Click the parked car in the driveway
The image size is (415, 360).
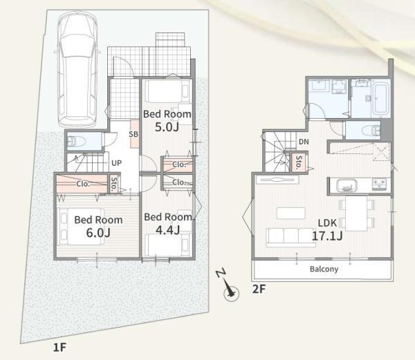pyautogui.click(x=77, y=70)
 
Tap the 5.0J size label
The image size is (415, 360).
pyautogui.click(x=167, y=127)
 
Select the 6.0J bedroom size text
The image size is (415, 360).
pyautogui.click(x=98, y=233)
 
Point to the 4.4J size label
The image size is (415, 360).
pyautogui.click(x=168, y=230)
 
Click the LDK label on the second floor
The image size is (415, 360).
pyautogui.click(x=327, y=223)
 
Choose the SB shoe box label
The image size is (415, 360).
pyautogui.click(x=133, y=134)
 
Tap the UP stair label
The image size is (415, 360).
pyautogui.click(x=116, y=163)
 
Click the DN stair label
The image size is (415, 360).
pyautogui.click(x=304, y=142)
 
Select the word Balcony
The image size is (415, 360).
pyautogui.click(x=324, y=269)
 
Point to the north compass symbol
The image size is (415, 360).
pyautogui.click(x=228, y=286)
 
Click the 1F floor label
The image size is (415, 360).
pyautogui.click(x=59, y=347)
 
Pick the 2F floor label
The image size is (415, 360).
pyautogui.click(x=259, y=289)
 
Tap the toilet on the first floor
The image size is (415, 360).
pyautogui.click(x=76, y=141)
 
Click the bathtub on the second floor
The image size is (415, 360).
pyautogui.click(x=381, y=98)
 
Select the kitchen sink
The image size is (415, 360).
pyautogui.click(x=347, y=185)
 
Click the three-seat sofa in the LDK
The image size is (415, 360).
pyautogui.click(x=291, y=237)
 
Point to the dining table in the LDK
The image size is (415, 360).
pyautogui.click(x=356, y=214)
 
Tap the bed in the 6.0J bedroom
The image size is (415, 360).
pyautogui.click(x=81, y=227)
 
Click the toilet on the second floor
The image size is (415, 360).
pyautogui.click(x=371, y=131)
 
